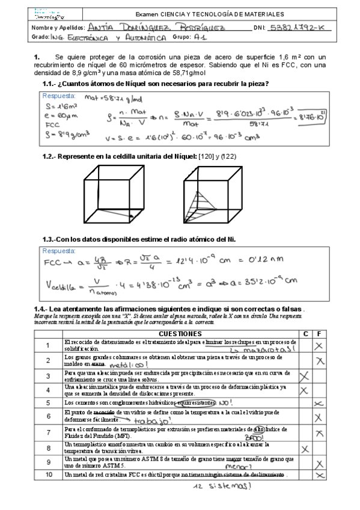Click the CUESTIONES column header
[180, 333]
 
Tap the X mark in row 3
[305, 375]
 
